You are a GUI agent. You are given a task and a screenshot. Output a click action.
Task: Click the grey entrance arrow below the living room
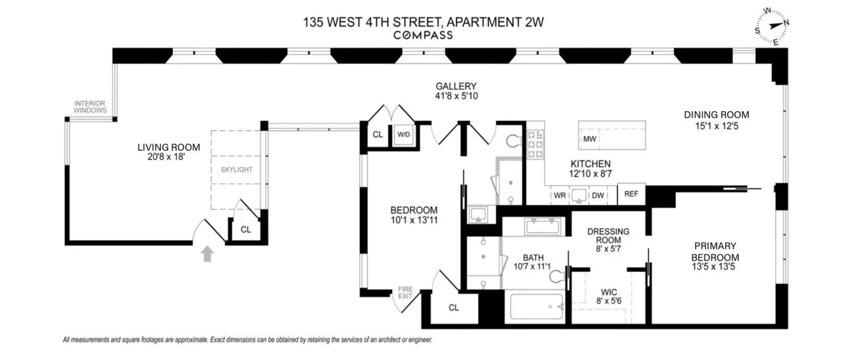[208, 254]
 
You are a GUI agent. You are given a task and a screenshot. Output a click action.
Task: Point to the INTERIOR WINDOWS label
[90, 107]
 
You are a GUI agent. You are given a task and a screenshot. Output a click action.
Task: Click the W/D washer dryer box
[404, 134]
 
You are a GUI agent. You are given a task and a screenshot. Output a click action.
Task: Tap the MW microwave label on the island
[589, 139]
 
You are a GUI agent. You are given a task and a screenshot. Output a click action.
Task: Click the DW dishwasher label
[598, 195]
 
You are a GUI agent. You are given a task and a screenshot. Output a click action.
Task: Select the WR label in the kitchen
[559, 195]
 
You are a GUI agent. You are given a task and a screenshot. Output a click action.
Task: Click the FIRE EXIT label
[405, 292]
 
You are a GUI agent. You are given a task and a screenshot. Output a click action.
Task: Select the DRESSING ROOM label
[606, 240]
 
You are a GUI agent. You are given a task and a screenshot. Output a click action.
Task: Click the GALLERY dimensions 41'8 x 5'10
[455, 95]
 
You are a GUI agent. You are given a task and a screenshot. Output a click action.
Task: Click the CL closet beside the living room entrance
[246, 230]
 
